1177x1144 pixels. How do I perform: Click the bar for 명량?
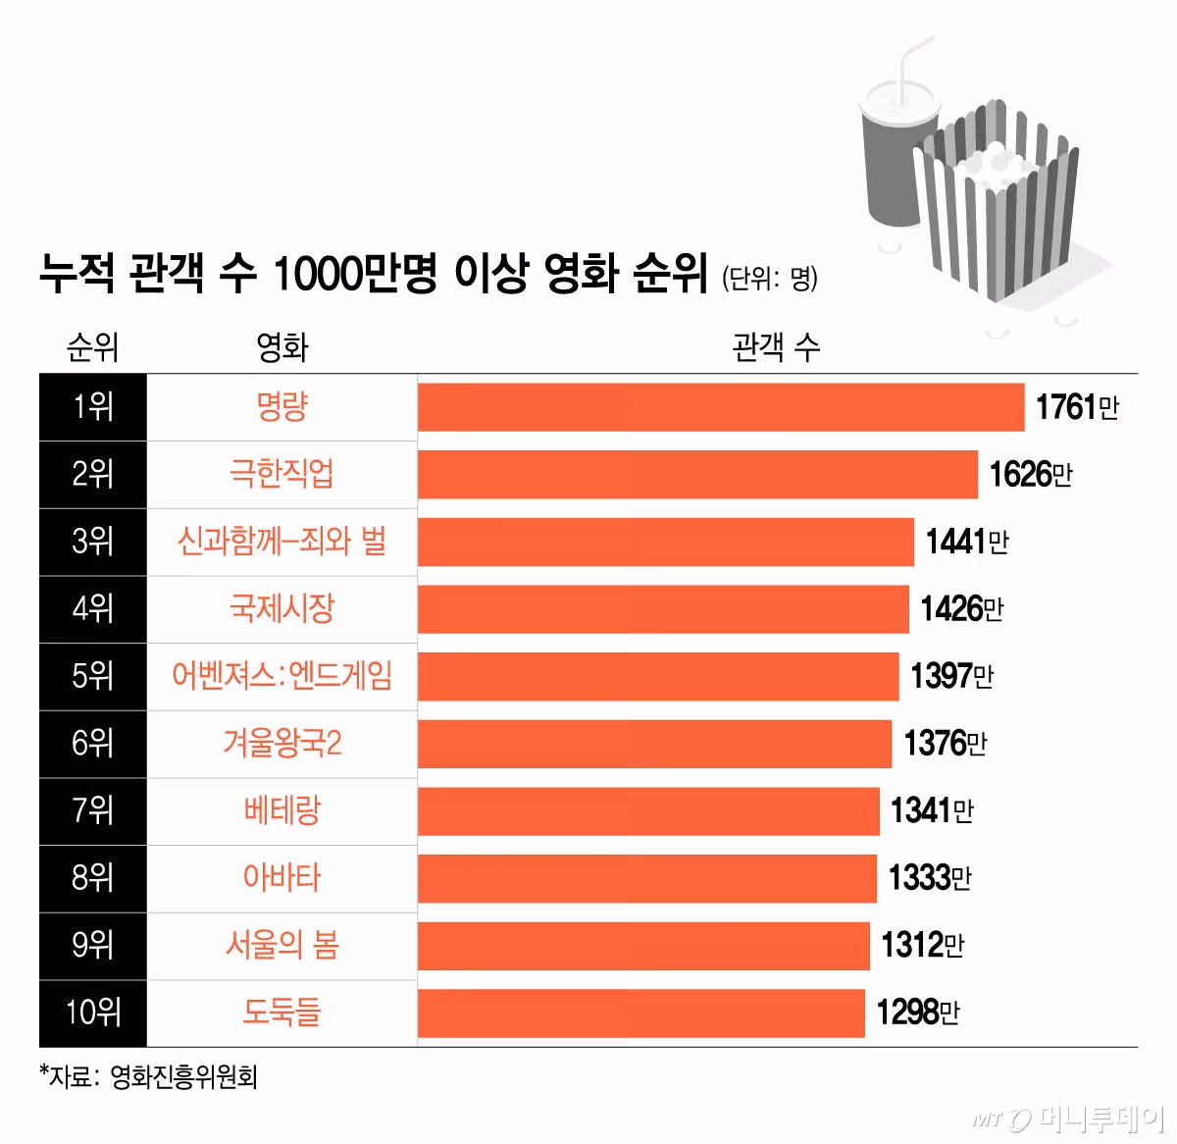[721, 407]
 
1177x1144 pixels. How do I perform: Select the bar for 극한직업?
[697, 475]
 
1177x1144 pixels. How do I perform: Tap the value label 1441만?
[967, 542]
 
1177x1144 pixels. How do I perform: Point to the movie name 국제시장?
[281, 609]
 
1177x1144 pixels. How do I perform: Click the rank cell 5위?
[93, 676]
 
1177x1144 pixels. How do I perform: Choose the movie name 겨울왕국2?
[281, 744]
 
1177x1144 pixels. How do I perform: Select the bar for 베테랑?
[648, 811]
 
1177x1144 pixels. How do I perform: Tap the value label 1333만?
[929, 878]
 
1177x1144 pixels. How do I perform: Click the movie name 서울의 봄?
[281, 946]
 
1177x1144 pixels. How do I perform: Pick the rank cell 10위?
[93, 1013]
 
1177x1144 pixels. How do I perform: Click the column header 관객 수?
[776, 347]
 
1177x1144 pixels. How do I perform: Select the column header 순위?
[92, 347]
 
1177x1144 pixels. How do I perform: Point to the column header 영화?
[281, 347]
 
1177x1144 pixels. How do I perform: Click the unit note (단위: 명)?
[770, 279]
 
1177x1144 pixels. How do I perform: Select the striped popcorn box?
[996, 211]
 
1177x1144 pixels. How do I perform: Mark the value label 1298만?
[917, 1013]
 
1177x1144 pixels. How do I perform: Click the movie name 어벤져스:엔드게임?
[281, 676]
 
